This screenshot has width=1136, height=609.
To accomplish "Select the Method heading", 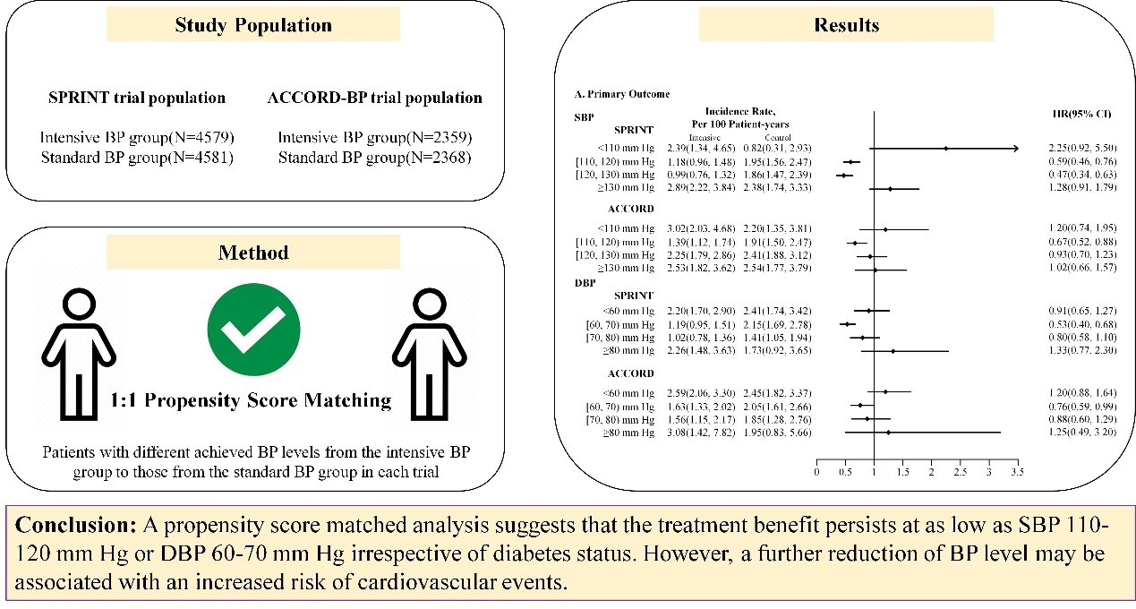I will tap(254, 253).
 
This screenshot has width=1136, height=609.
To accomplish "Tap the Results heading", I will tap(847, 25).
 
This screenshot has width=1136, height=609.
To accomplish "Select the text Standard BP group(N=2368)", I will tap(375, 159).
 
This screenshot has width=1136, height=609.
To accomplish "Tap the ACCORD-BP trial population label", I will tap(374, 98).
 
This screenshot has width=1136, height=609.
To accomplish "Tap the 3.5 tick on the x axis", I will tap(1017, 472).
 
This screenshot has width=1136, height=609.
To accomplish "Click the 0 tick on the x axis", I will tap(816, 472).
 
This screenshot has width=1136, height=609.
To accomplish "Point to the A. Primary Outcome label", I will tap(621, 94).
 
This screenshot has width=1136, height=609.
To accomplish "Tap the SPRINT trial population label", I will tap(136, 98).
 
